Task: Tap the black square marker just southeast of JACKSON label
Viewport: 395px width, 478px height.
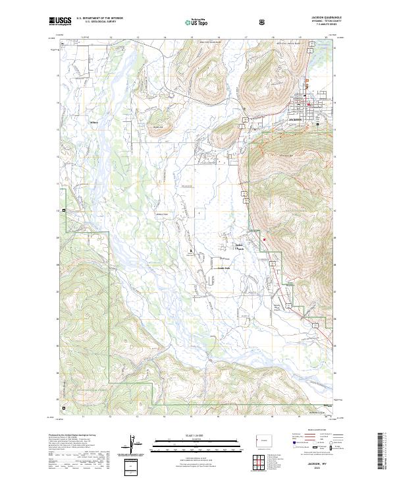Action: (x=317, y=124)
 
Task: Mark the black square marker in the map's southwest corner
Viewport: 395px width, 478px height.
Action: (x=65, y=211)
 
